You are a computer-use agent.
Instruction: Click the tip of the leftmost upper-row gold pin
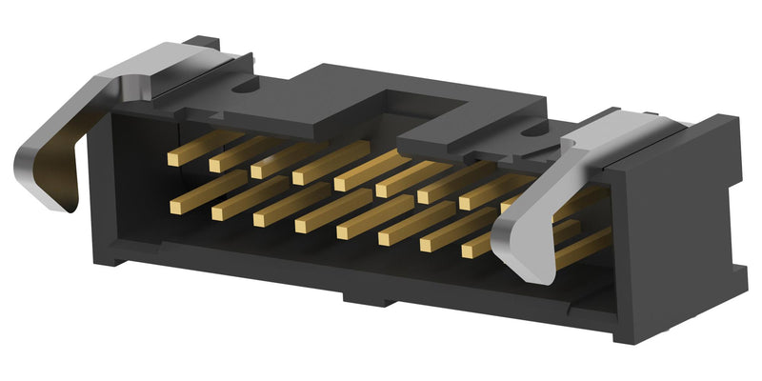point(173,159)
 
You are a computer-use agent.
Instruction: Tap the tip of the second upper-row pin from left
point(214,166)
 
